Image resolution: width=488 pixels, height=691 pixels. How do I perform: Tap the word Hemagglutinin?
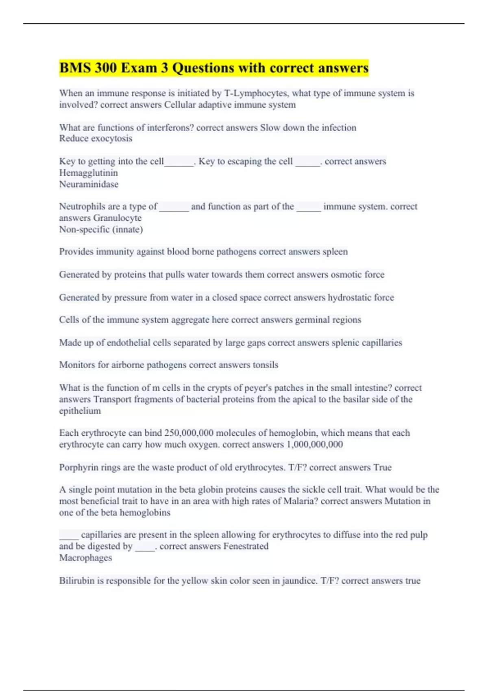(x=88, y=173)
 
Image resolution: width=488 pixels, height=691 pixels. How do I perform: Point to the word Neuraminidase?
(x=89, y=184)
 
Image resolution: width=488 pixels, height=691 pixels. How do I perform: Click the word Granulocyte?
(x=118, y=218)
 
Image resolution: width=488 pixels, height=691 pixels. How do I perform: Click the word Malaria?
(x=301, y=501)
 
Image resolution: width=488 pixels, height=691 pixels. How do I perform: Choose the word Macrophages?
(x=85, y=558)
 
